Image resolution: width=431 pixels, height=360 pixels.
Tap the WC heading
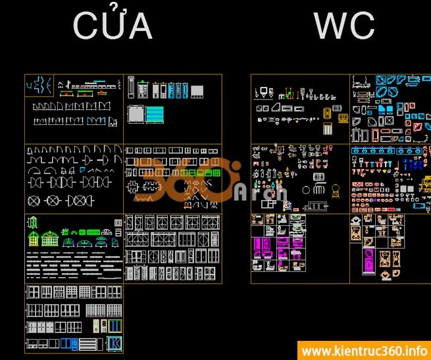[344, 26]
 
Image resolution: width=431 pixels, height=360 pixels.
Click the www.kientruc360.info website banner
[363, 351]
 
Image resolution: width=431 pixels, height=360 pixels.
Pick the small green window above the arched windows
[66, 232]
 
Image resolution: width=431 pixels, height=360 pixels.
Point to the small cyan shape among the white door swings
[82, 169]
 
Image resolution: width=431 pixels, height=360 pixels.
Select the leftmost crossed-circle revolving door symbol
[34, 200]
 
